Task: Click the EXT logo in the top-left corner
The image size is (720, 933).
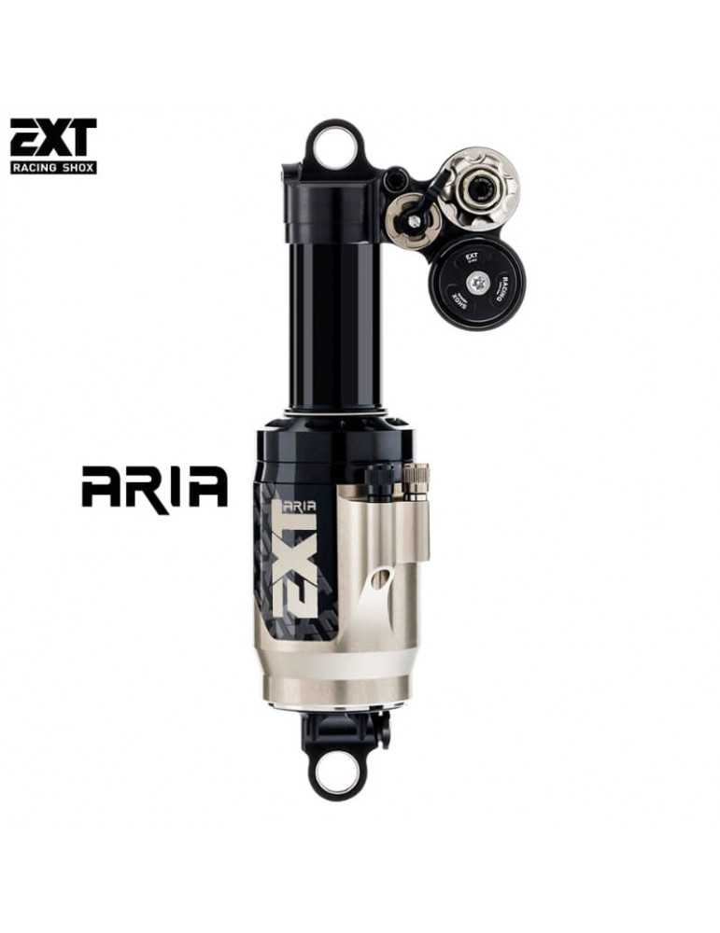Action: [52, 137]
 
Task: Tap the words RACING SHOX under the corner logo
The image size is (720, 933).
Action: [52, 167]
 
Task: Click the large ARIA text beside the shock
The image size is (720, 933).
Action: [154, 487]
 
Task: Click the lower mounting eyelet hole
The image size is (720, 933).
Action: [335, 773]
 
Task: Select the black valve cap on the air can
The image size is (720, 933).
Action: [379, 478]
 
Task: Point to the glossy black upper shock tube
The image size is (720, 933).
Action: [337, 308]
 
